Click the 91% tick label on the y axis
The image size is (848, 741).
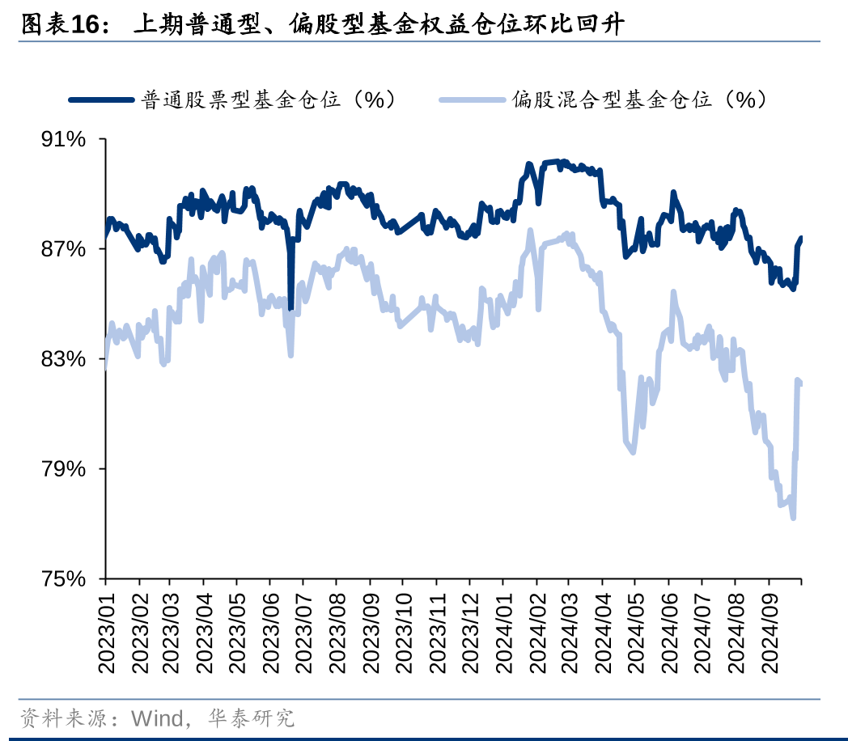pos(64,140)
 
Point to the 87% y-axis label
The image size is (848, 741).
pos(64,249)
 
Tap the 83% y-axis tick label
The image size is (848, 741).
pos(64,359)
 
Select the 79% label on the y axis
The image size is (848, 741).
pos(64,469)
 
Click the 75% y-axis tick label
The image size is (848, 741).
pos(64,579)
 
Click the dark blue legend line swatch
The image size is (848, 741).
pos(101,100)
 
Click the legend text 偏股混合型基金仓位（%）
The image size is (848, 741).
pos(640,100)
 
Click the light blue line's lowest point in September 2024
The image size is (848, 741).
pos(793,518)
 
